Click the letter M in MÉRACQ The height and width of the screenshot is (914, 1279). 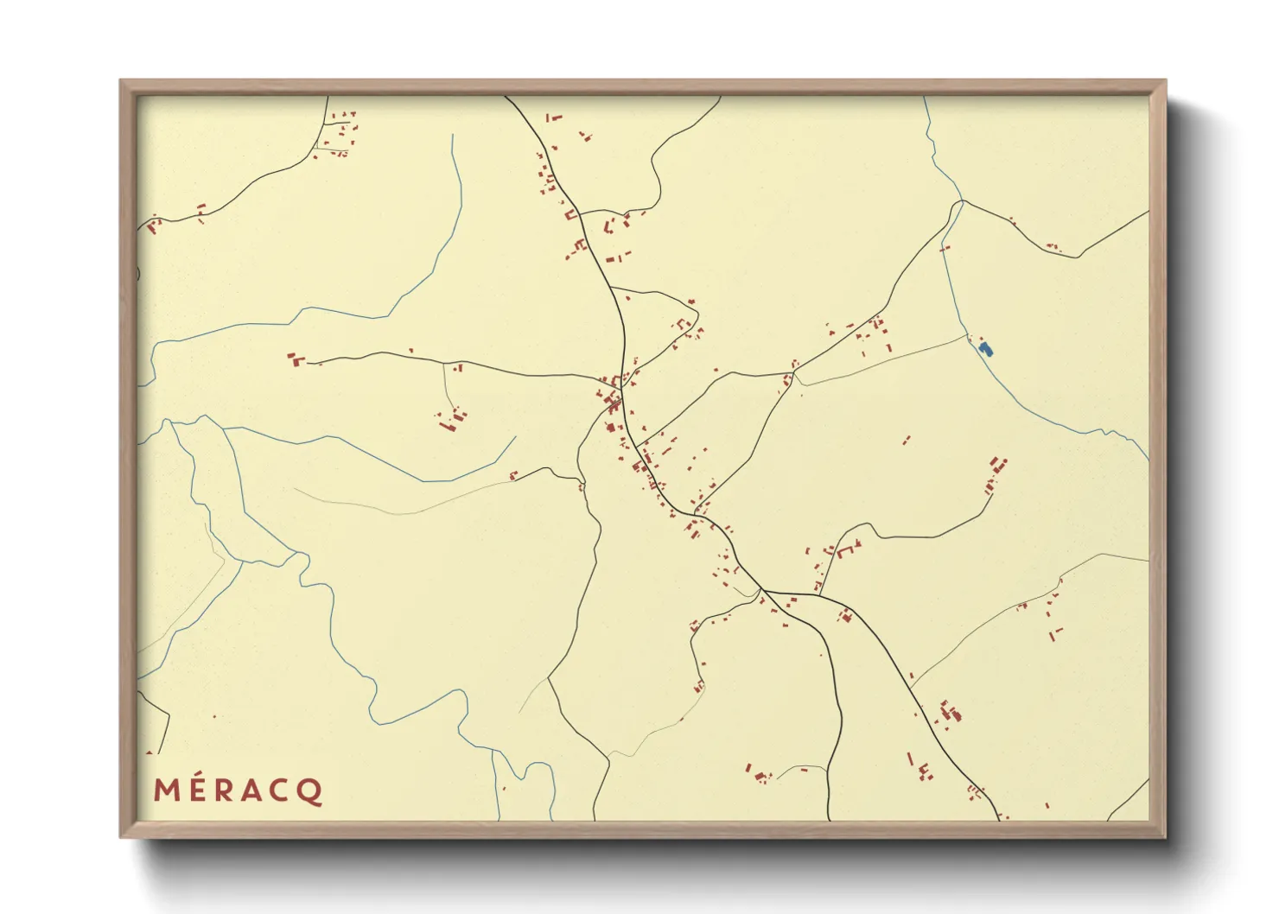tap(168, 790)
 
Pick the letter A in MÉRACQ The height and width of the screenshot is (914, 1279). tap(255, 790)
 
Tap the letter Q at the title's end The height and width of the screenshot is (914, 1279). tap(311, 791)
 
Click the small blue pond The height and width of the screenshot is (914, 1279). tap(986, 349)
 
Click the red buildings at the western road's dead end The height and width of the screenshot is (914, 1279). tap(296, 359)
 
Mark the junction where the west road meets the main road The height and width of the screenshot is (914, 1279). tap(605, 378)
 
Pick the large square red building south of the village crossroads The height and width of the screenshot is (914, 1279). tap(610, 427)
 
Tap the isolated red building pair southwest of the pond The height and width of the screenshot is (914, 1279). tap(906, 441)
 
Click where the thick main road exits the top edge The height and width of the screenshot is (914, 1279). tap(506, 98)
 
